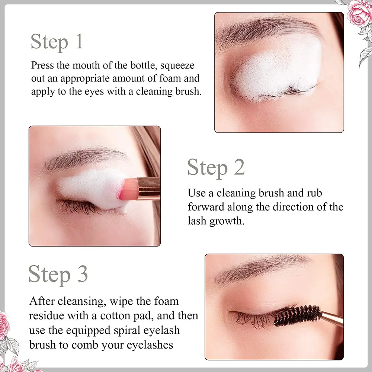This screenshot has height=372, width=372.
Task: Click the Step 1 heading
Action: click(57, 41)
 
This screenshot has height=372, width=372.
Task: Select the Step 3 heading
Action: click(58, 275)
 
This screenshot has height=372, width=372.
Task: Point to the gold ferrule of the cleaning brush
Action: click(148, 188)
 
